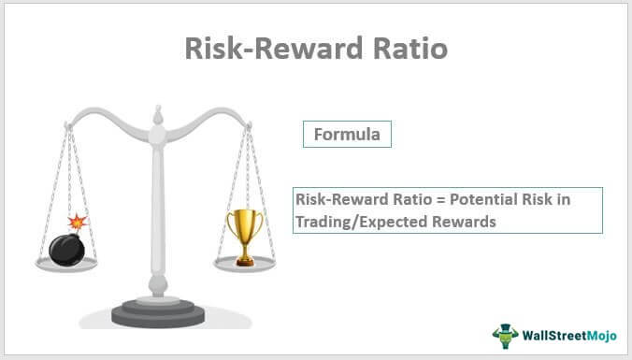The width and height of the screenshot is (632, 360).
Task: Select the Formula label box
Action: [347, 134]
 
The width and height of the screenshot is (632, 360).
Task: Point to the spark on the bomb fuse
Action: [79, 222]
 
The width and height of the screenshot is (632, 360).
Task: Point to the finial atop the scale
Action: [156, 115]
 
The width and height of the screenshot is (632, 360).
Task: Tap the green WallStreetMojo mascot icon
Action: [506, 335]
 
